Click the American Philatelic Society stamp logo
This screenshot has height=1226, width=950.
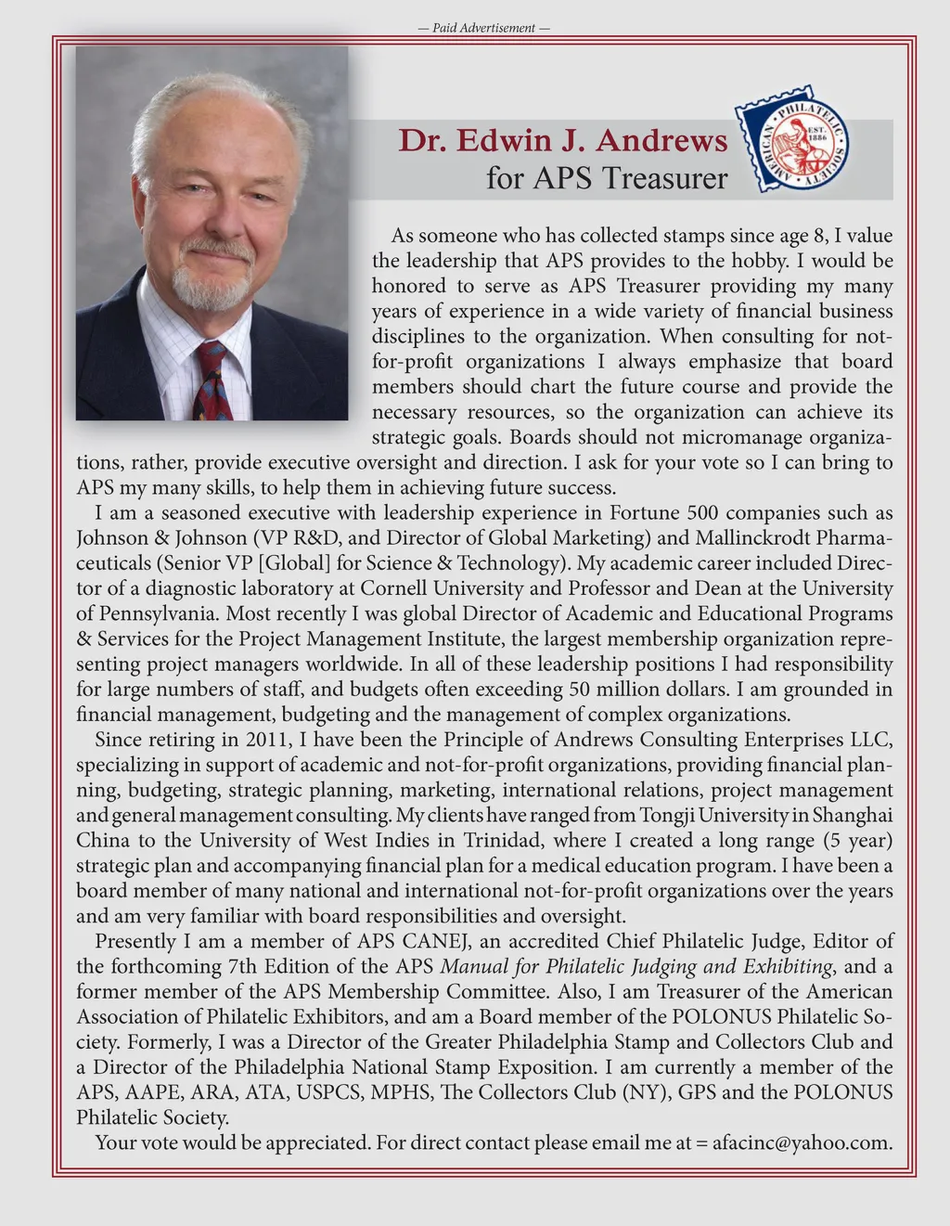[x=792, y=138]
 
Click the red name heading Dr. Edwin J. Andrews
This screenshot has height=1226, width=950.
[x=563, y=140]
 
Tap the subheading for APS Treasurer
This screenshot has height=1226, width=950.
[x=607, y=177]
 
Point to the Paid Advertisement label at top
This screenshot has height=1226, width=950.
[x=484, y=28]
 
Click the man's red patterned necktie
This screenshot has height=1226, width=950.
[x=212, y=380]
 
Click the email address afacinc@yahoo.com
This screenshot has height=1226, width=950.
[x=802, y=1142]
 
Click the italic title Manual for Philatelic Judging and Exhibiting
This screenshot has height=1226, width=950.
[x=635, y=966]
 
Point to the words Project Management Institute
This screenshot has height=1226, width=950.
[x=371, y=639]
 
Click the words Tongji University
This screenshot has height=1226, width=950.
[x=699, y=815]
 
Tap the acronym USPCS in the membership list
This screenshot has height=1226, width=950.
[x=328, y=1091]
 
